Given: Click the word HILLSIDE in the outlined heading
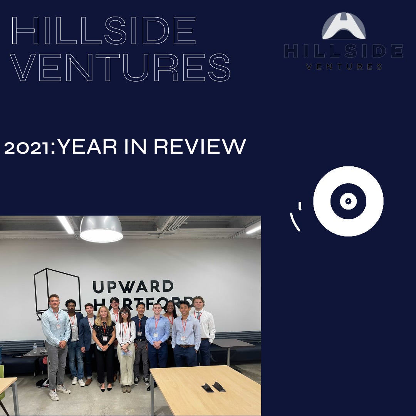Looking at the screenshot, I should click(x=103, y=31).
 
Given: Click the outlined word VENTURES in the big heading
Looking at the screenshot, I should click(x=120, y=68).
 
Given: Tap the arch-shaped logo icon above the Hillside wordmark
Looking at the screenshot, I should click(x=344, y=26).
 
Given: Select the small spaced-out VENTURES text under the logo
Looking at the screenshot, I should click(x=344, y=67).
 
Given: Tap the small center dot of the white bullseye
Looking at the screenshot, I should click(x=348, y=201).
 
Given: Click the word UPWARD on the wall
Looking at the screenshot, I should click(x=133, y=287).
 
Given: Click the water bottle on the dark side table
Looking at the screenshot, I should click(x=35, y=348).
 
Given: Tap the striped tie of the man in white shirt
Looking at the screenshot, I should click(x=199, y=316).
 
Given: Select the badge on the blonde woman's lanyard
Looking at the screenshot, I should click(x=105, y=338).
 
